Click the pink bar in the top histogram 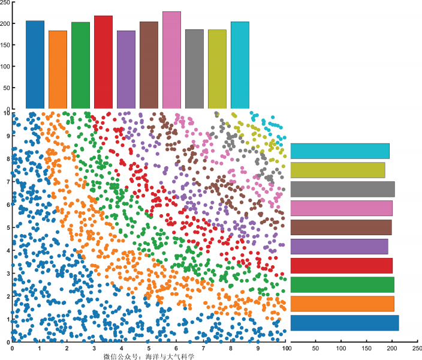[171, 60]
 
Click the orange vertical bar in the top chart [58, 69]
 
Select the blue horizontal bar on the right [344, 323]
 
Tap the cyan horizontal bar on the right [340, 151]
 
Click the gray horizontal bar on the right [342, 190]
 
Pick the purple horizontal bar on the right [339, 247]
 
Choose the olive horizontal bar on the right [337, 170]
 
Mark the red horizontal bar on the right [341, 266]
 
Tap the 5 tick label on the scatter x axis [149, 347]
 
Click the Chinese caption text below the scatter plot [149, 356]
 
